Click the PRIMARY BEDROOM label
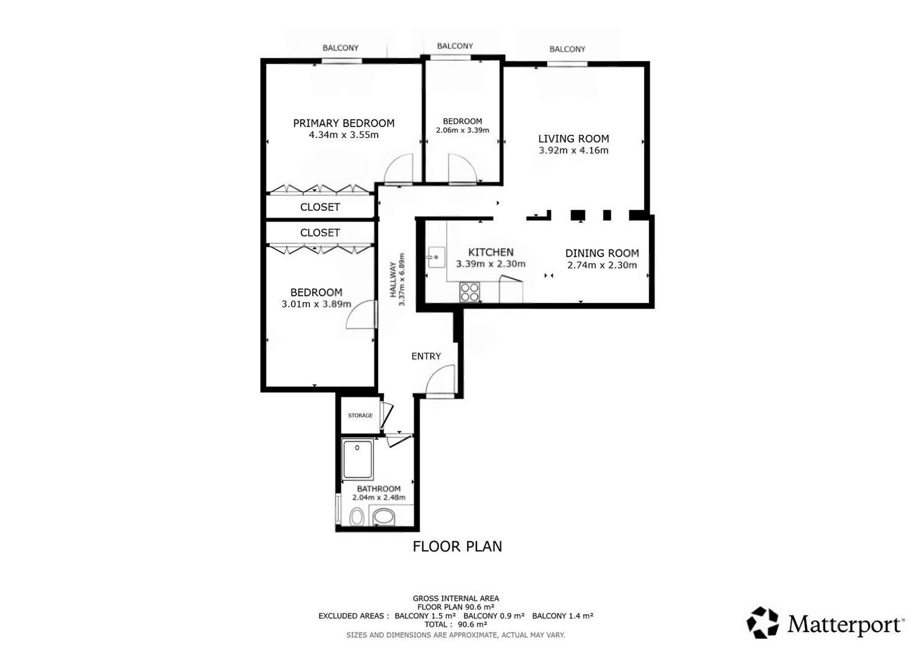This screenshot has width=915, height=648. (344, 123)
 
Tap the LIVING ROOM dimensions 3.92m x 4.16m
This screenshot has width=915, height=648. (574, 150)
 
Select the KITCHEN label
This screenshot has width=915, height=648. (491, 252)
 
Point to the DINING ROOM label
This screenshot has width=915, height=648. (602, 253)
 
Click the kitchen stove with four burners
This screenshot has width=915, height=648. (470, 292)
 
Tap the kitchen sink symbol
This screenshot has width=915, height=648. (436, 257)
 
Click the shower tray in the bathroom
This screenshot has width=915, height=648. (357, 459)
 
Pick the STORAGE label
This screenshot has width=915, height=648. (360, 416)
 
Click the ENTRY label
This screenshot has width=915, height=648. (426, 356)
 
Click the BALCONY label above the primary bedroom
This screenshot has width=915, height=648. (340, 48)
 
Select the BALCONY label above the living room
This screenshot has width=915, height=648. (567, 49)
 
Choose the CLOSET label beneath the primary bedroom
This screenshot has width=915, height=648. (320, 207)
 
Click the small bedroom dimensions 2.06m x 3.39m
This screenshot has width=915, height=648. (463, 131)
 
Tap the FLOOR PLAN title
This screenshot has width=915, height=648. (457, 546)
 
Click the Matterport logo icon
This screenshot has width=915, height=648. (762, 622)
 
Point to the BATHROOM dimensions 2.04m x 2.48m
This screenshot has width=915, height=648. (379, 497)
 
